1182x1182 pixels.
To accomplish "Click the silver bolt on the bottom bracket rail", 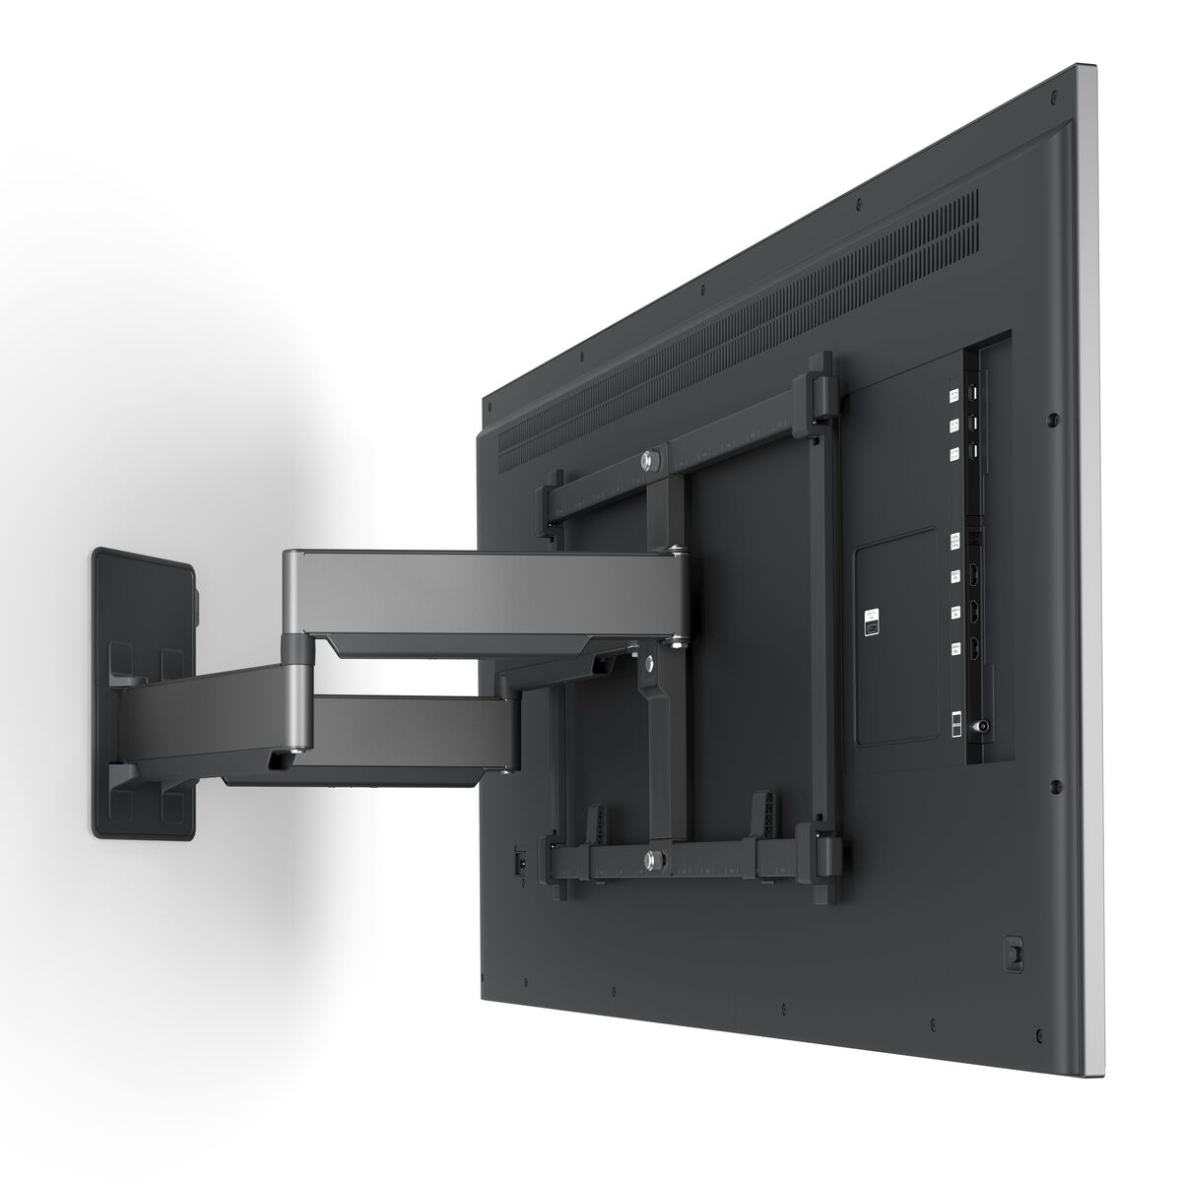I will point(652,859).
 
